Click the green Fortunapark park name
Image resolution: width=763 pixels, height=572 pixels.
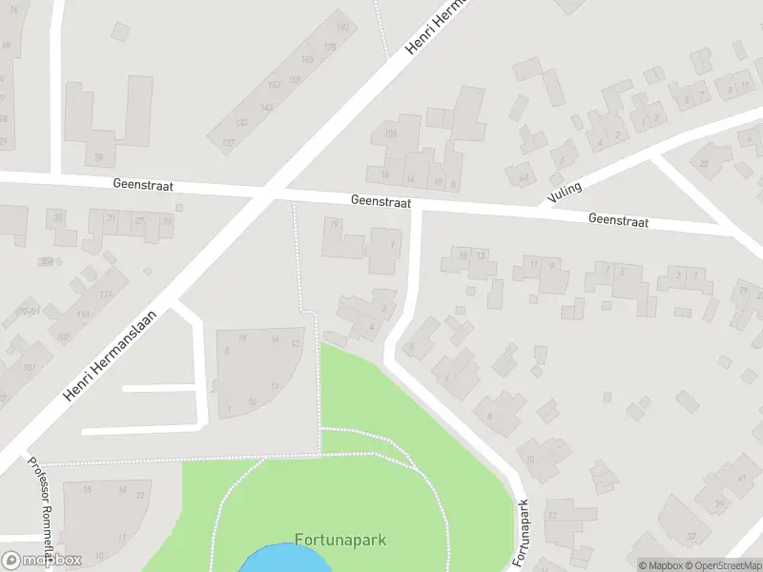[x=340, y=540]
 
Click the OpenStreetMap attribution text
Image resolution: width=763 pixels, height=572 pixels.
[x=723, y=565]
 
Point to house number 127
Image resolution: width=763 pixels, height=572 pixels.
[x=228, y=142]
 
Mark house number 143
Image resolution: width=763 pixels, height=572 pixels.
[x=266, y=107]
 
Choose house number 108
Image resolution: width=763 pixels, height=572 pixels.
[x=389, y=133]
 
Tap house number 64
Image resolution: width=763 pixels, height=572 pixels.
[x=524, y=176]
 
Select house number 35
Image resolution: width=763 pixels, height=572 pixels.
[x=59, y=218]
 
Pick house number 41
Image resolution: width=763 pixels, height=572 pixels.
[x=742, y=479]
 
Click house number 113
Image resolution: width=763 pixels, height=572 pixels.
[x=83, y=314]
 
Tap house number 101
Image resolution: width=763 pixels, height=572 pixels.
[x=29, y=368]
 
